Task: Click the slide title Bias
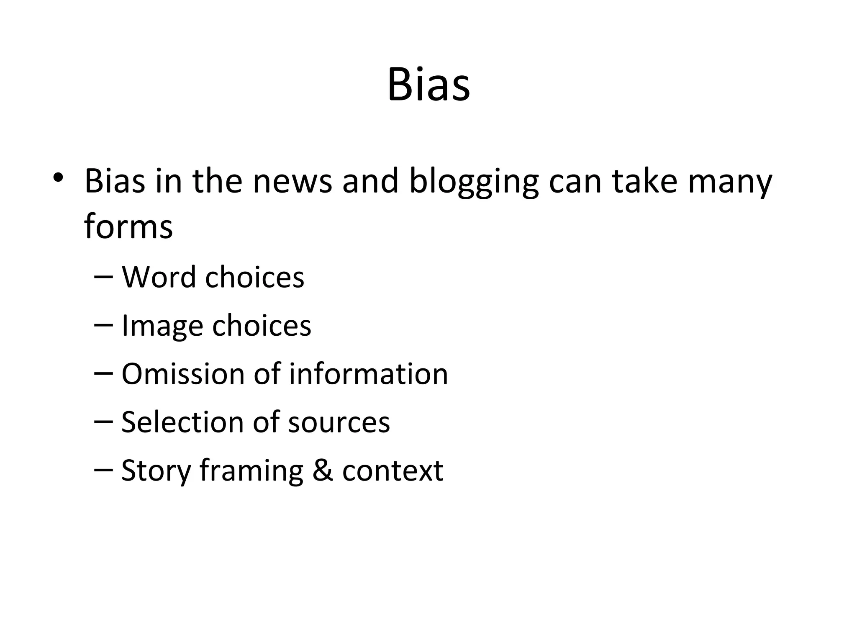point(428,85)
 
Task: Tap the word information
point(368,373)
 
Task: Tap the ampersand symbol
point(323,471)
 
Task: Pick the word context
point(393,471)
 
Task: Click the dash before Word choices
point(104,276)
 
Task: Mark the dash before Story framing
point(104,470)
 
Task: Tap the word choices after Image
point(262,325)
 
